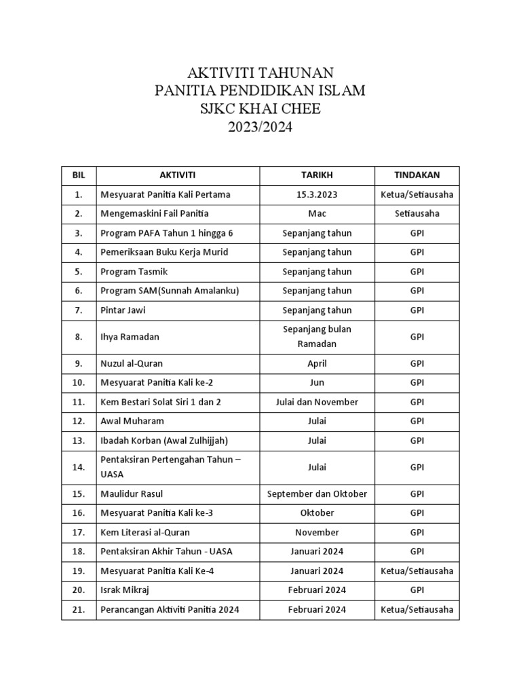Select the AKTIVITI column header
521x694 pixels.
click(x=177, y=176)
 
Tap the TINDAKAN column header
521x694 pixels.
click(x=417, y=176)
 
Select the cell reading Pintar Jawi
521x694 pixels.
click(x=123, y=310)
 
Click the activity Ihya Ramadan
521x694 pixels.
click(x=130, y=336)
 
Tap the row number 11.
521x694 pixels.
click(x=79, y=402)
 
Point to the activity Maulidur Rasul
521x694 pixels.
click(x=132, y=493)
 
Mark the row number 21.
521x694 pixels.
click(x=79, y=609)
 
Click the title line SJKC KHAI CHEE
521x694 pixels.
click(x=260, y=108)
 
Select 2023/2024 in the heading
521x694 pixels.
click(x=260, y=127)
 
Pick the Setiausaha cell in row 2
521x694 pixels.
click(x=417, y=213)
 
